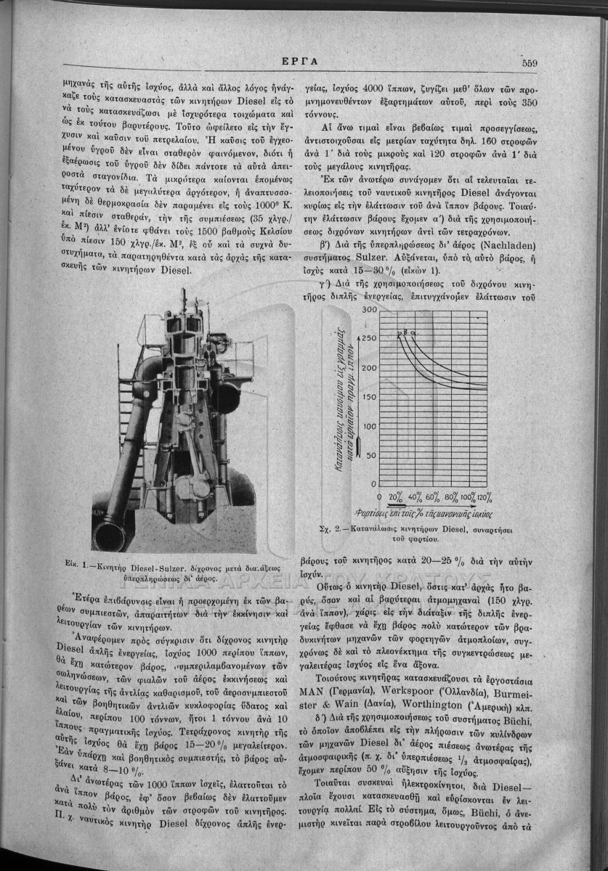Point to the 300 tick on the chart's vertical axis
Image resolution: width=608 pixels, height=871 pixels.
(369, 310)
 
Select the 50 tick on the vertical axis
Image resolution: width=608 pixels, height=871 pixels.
(371, 456)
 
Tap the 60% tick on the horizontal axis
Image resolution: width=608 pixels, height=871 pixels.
(433, 497)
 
